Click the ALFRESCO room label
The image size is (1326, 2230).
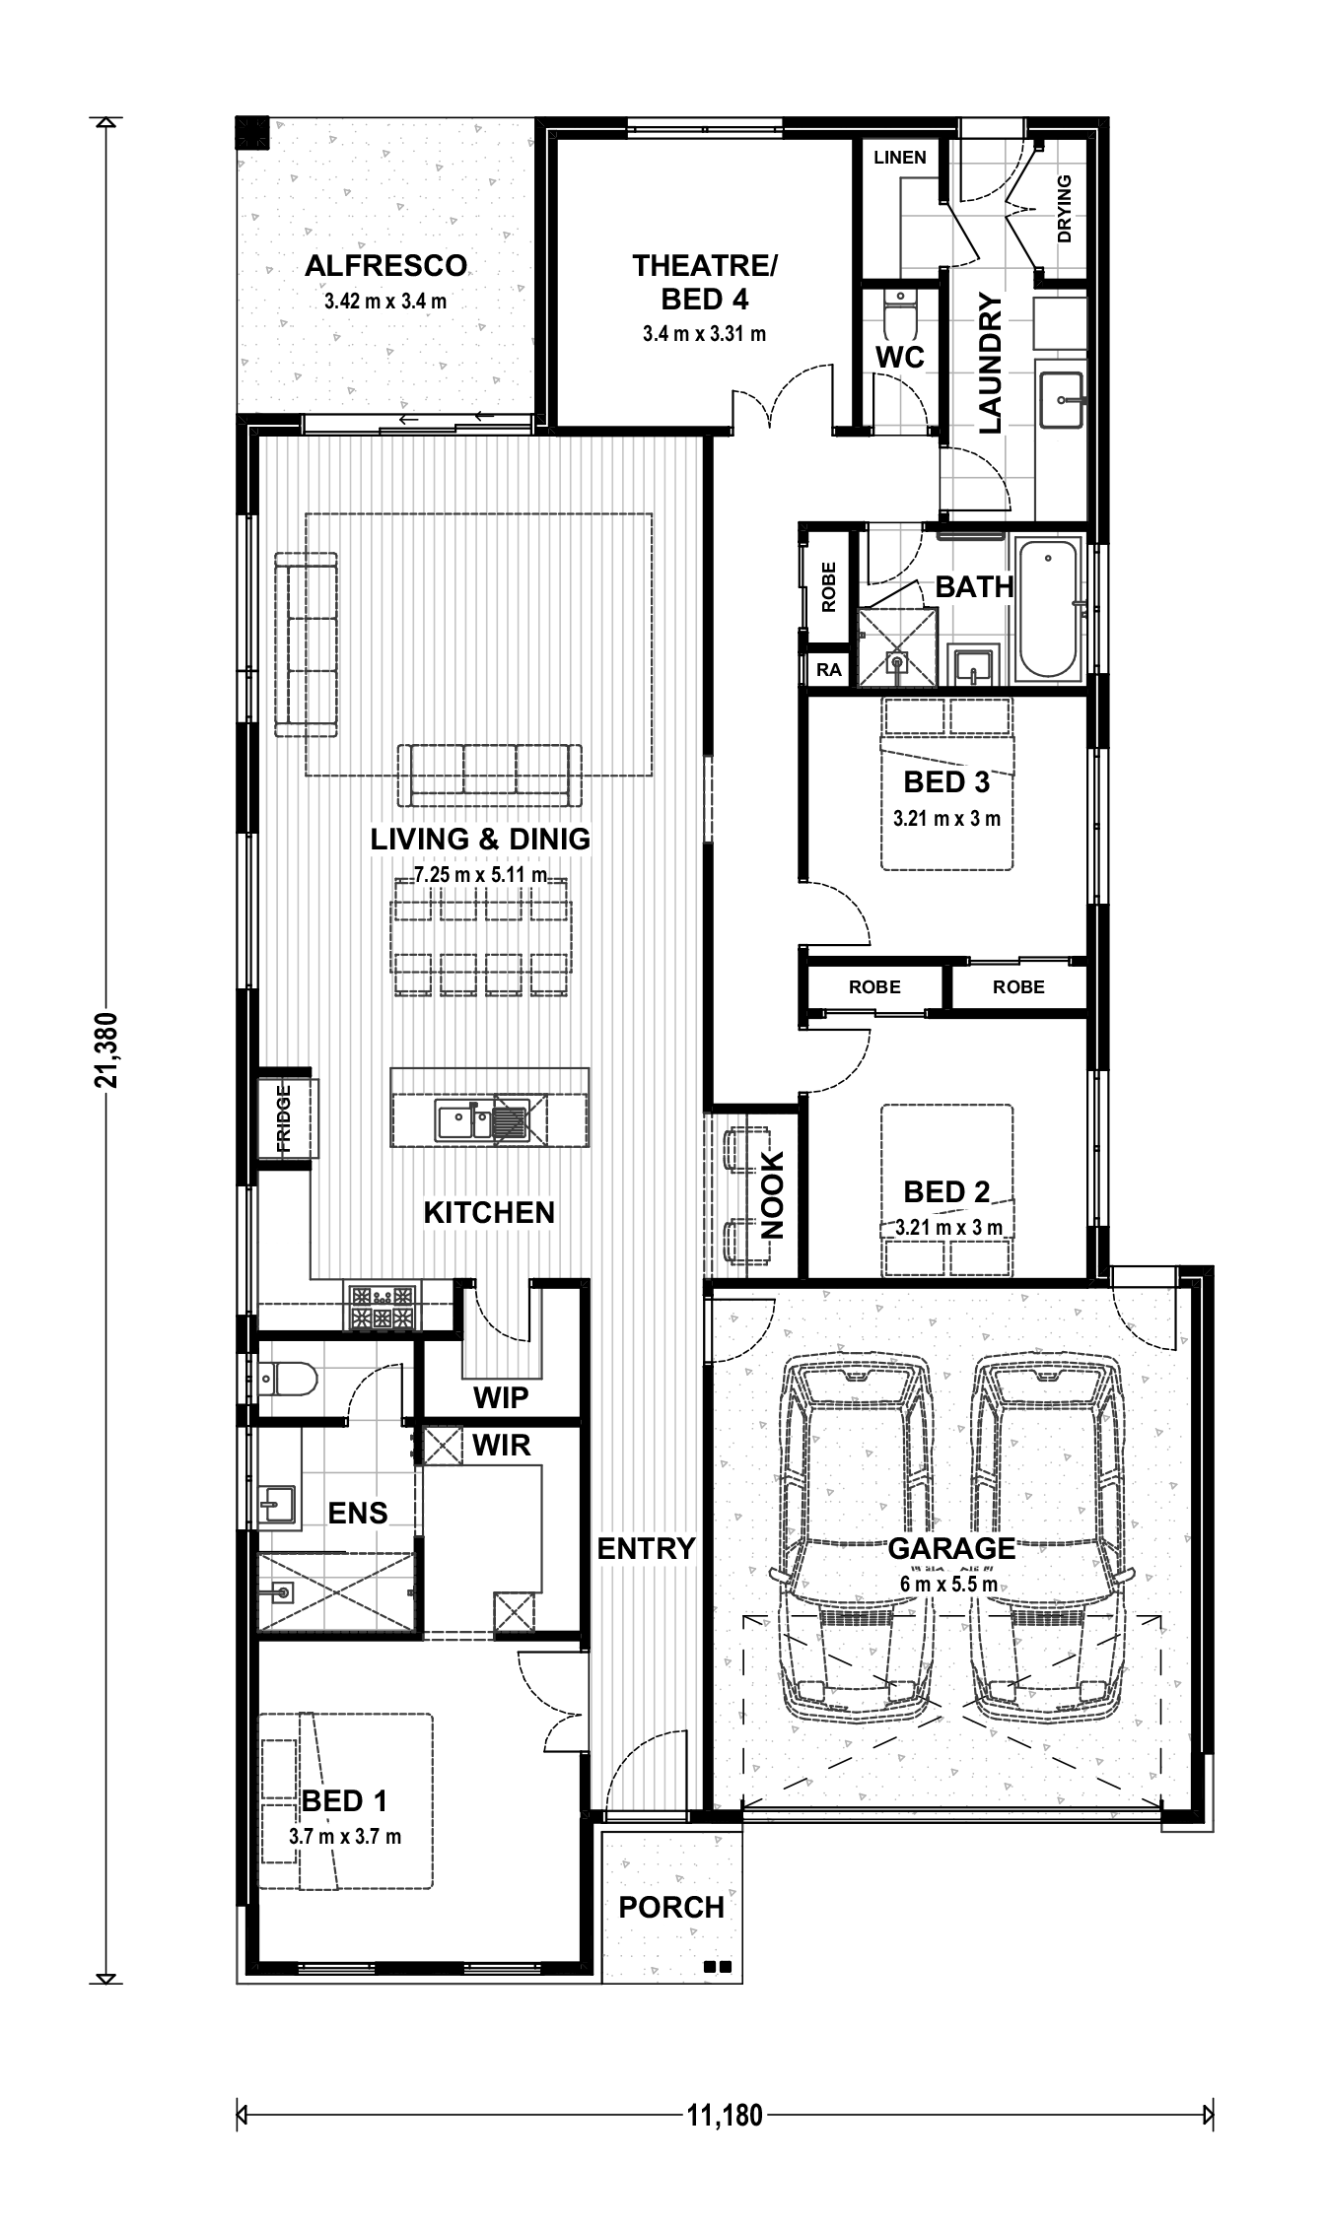tap(385, 266)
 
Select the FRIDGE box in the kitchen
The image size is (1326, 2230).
tap(285, 1118)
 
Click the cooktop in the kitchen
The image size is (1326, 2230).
tap(382, 1308)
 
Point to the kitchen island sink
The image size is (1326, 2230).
tap(482, 1120)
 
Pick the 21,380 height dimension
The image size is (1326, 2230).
tap(105, 1050)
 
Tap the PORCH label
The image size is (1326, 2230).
tap(671, 1907)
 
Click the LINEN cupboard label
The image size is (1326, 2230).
tap(900, 157)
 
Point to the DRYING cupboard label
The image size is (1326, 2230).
tap(1064, 209)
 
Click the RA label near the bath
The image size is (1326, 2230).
tap(829, 670)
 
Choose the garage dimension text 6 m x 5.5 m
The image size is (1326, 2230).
tap(948, 1585)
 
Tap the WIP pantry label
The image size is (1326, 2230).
tap(501, 1396)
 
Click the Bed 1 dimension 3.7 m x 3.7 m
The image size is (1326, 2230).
tap(345, 1836)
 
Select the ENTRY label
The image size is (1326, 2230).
tap(647, 1548)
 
